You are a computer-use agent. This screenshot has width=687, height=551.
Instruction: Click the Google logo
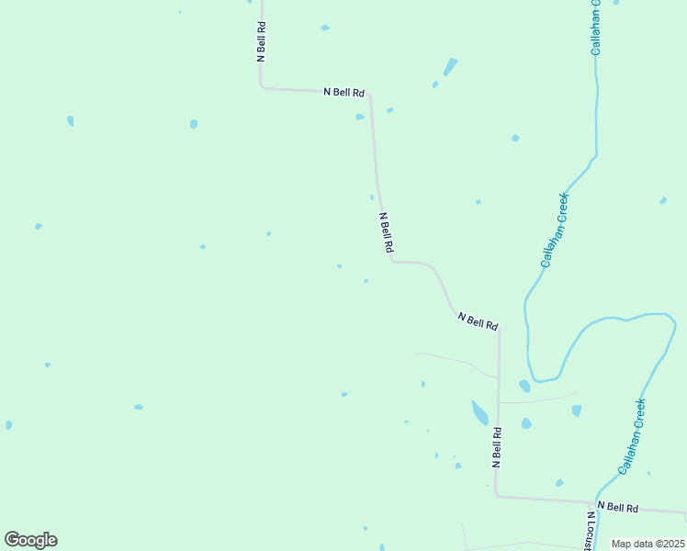click(x=30, y=540)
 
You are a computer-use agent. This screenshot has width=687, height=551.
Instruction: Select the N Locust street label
click(x=587, y=531)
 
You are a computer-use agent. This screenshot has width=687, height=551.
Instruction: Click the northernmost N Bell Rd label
click(x=262, y=40)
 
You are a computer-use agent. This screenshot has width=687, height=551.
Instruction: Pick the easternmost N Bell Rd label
click(x=617, y=507)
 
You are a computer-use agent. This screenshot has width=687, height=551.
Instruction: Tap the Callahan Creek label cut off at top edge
click(x=596, y=28)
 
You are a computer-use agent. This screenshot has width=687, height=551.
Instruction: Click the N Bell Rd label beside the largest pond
click(x=496, y=447)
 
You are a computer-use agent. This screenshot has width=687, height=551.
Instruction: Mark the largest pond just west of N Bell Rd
click(x=479, y=412)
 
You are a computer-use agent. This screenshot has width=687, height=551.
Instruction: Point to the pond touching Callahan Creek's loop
click(x=524, y=386)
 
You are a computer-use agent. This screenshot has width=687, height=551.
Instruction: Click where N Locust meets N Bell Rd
click(x=590, y=503)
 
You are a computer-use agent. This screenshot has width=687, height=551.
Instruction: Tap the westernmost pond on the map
click(x=8, y=425)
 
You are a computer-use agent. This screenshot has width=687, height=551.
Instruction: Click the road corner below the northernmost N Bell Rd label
click(x=262, y=87)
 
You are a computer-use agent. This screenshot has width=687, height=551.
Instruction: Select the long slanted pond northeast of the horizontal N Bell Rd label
click(x=450, y=67)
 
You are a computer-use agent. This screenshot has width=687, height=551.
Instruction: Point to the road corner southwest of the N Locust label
click(x=497, y=495)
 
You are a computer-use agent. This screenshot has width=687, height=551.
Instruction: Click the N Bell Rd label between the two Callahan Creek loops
click(x=479, y=321)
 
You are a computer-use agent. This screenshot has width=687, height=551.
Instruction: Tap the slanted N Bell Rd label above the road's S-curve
click(x=387, y=232)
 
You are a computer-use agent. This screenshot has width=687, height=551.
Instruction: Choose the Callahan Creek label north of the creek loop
click(x=555, y=230)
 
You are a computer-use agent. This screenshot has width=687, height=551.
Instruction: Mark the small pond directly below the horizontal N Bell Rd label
click(x=360, y=117)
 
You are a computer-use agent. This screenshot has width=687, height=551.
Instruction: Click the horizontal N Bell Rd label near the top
click(x=344, y=92)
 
